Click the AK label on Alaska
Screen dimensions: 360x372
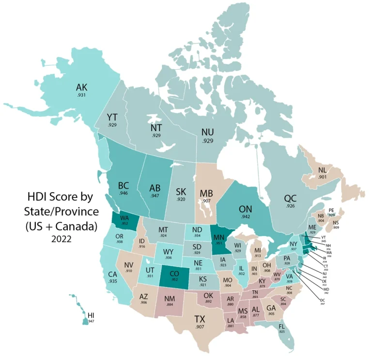[x=81, y=88]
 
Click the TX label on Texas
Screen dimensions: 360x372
[x=200, y=319]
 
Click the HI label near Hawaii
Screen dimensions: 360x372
[x=91, y=315]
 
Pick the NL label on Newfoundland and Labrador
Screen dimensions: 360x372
[x=322, y=170]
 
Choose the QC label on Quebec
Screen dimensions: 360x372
[x=290, y=198]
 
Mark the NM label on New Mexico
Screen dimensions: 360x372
[x=170, y=300]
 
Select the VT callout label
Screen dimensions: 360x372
[x=324, y=237]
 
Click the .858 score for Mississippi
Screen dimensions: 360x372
[x=243, y=316]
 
